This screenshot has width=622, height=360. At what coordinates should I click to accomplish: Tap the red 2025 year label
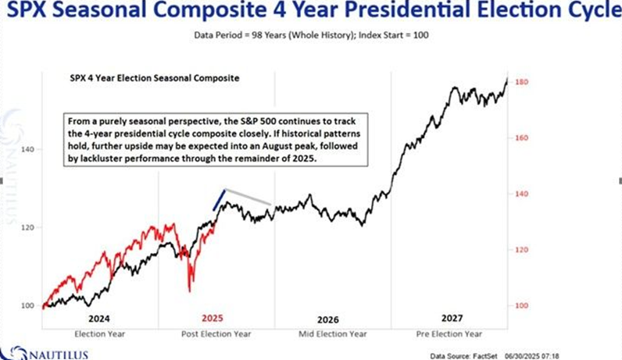(x=213, y=319)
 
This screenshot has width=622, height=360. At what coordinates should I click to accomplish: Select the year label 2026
(x=329, y=320)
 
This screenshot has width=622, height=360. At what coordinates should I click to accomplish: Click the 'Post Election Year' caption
(x=213, y=334)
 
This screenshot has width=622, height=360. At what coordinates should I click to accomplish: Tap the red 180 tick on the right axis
(x=521, y=82)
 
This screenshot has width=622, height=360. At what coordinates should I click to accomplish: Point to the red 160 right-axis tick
(x=521, y=138)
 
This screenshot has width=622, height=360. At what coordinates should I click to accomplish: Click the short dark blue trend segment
(x=220, y=200)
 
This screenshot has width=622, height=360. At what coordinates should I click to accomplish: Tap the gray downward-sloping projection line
(x=248, y=198)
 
